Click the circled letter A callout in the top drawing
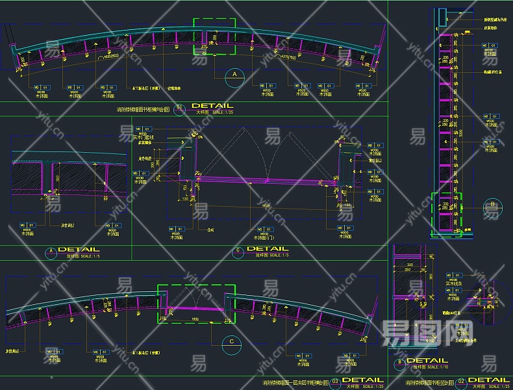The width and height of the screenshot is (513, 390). click(234, 75)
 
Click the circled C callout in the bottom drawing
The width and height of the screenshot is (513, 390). click(231, 341)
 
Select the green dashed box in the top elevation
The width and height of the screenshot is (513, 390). click(214, 36)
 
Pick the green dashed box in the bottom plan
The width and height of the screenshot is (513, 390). click(196, 303)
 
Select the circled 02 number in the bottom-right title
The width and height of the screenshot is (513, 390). click(461, 381)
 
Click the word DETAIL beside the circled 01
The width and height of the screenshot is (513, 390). click(212, 105)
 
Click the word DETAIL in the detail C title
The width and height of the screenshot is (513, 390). click(268, 249)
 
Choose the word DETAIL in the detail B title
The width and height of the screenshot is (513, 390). click(427, 361)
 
